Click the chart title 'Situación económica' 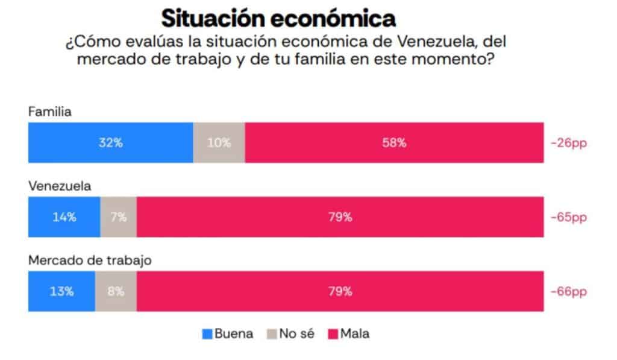point(279,18)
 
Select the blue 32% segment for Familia point(110,143)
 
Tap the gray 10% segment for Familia point(219,143)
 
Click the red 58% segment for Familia point(394,143)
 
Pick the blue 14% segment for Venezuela point(64,217)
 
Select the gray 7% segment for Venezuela point(118,217)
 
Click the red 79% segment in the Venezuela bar point(340,217)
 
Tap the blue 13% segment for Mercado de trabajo point(61,291)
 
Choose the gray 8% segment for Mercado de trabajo point(116,291)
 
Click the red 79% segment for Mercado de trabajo point(340,291)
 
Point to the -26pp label point(568,144)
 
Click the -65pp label point(568,218)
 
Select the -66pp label point(568,292)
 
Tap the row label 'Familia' point(50,112)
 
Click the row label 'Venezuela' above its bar point(60,186)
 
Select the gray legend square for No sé point(272,334)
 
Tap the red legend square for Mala point(331,334)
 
